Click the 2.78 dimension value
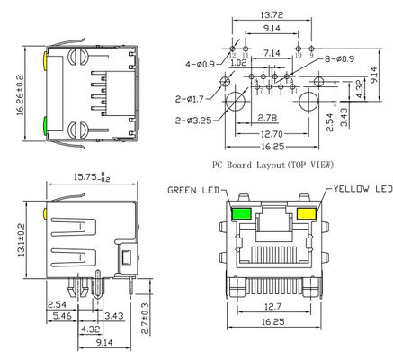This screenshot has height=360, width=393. click(x=266, y=118)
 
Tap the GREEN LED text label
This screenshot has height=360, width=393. click(x=195, y=190)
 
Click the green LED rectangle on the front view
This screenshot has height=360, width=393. click(x=241, y=214)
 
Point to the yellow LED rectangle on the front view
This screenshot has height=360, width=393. click(x=306, y=214)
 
